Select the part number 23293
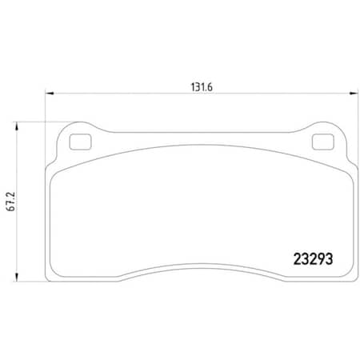pyautogui.click(x=310, y=260)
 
